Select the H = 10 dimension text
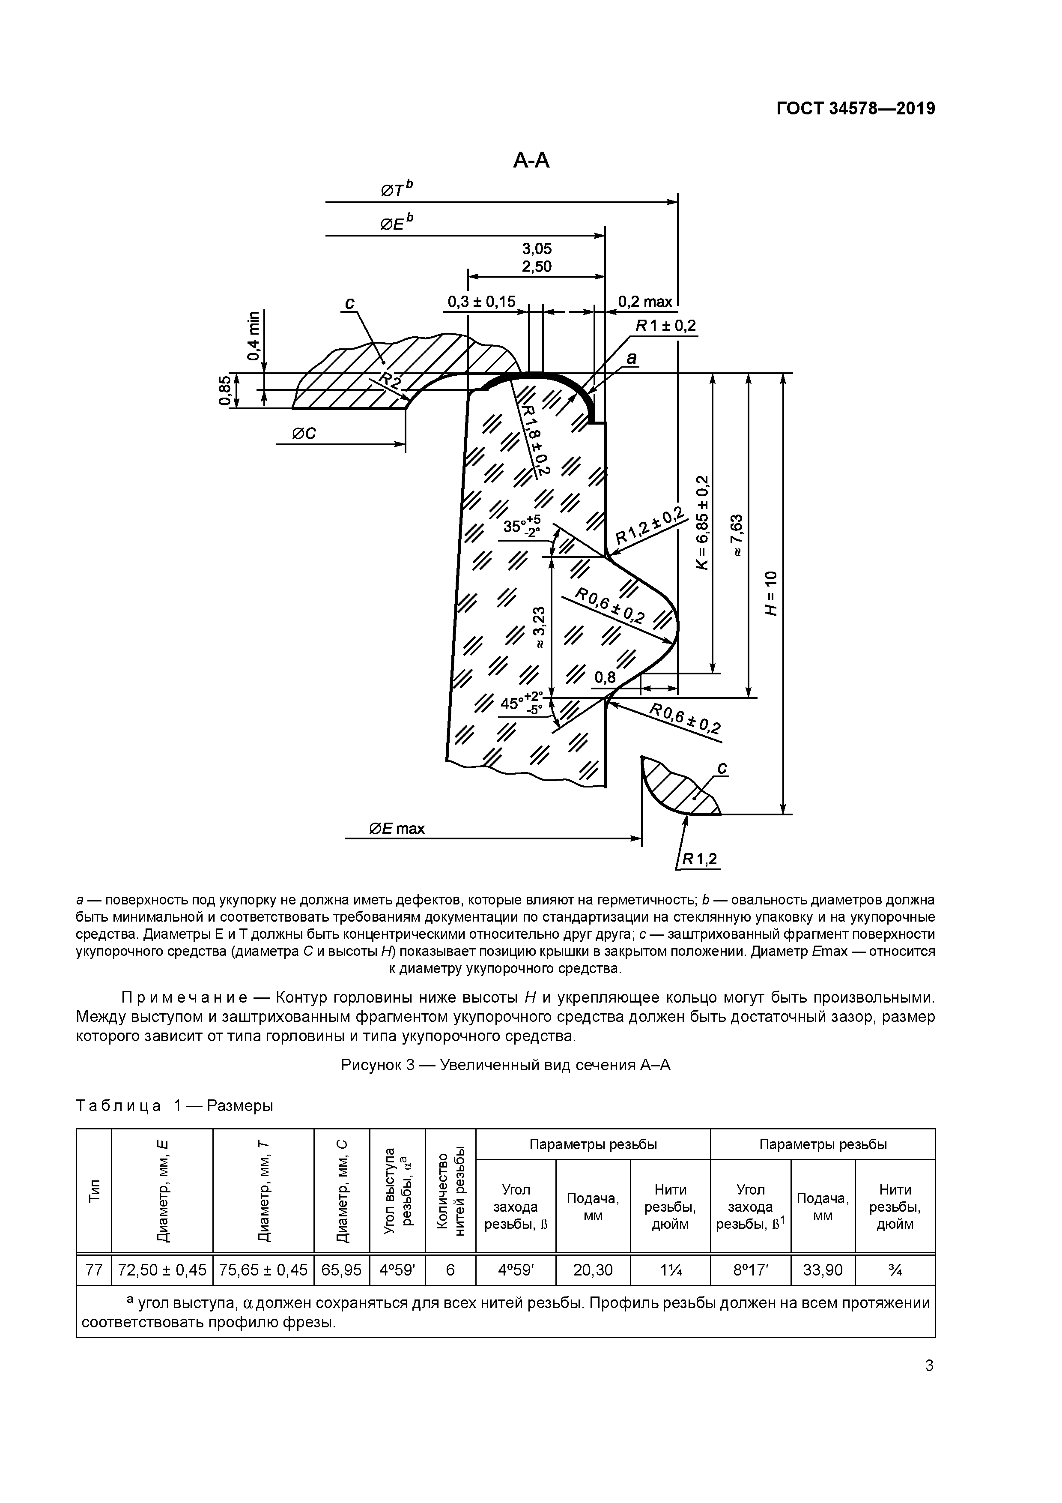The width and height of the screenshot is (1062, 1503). [x=772, y=593]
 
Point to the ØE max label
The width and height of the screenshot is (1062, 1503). [x=397, y=829]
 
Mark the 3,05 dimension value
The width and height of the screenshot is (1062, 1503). [x=537, y=249]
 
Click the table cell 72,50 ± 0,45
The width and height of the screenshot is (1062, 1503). [x=161, y=1270]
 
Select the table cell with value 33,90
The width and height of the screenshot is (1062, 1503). [x=823, y=1270]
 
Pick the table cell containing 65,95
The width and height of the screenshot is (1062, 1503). [x=342, y=1270]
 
